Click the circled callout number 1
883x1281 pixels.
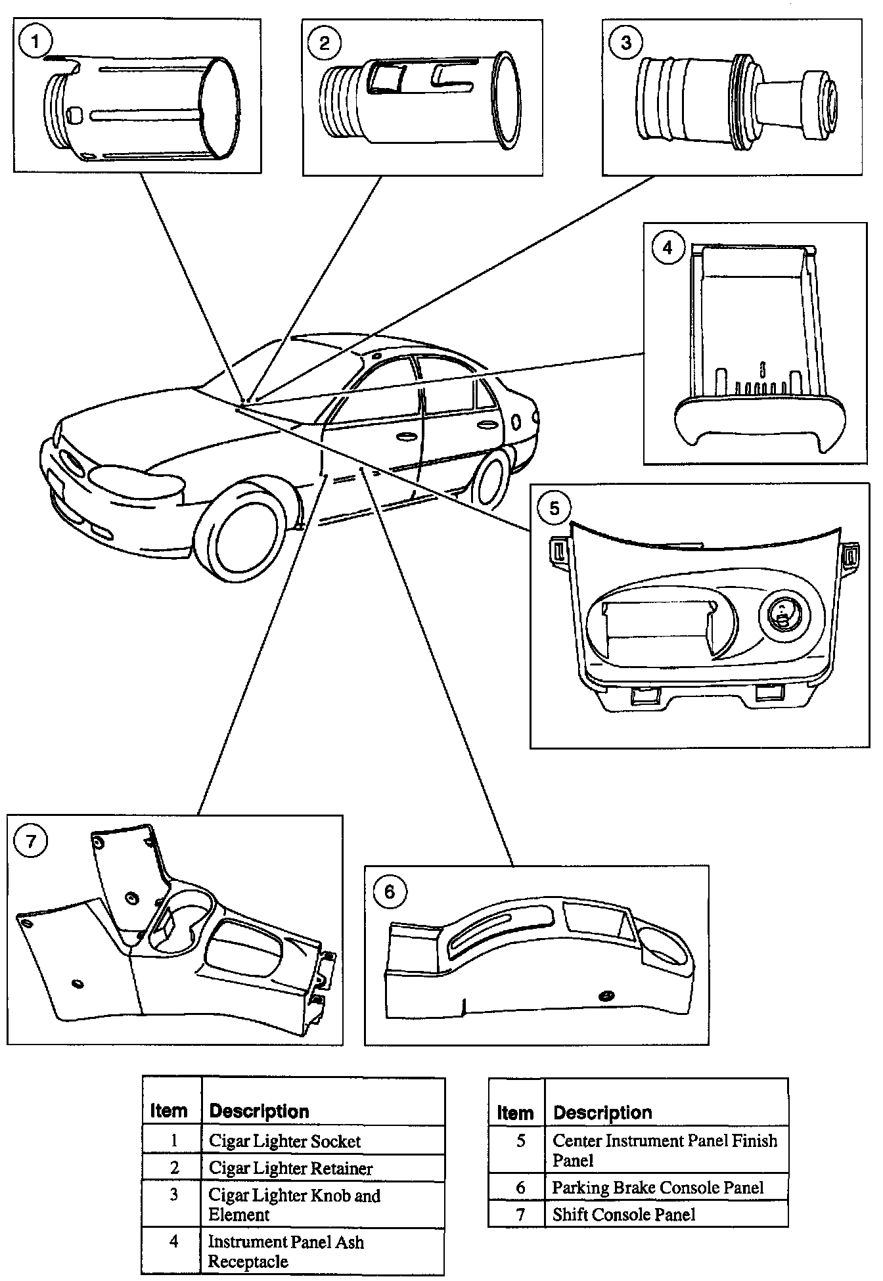[x=35, y=42]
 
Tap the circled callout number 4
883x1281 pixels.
[x=668, y=250]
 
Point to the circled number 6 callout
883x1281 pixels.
[x=389, y=891]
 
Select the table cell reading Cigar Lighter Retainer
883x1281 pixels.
[x=290, y=1169]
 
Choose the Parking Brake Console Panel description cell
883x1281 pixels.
[x=658, y=1188]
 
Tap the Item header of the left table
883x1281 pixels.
[x=169, y=1111]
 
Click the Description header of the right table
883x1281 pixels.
[x=602, y=1112]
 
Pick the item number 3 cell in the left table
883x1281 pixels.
[x=173, y=1195]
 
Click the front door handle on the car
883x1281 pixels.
[x=405, y=436]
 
